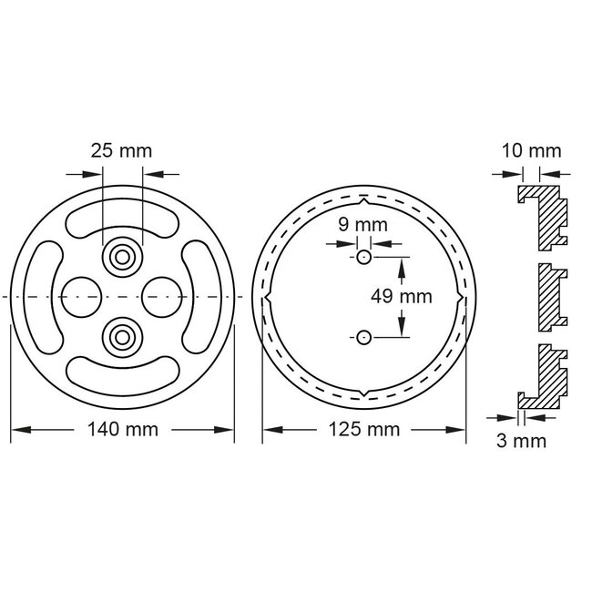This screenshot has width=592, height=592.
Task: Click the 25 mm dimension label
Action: tap(121, 149)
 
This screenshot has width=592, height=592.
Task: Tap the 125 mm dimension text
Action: tap(365, 429)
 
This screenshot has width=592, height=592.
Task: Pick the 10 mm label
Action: tap(531, 150)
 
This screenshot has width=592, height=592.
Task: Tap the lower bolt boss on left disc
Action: tap(120, 336)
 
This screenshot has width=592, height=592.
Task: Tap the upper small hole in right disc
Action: tap(363, 258)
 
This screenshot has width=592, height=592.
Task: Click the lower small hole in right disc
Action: tap(363, 337)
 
